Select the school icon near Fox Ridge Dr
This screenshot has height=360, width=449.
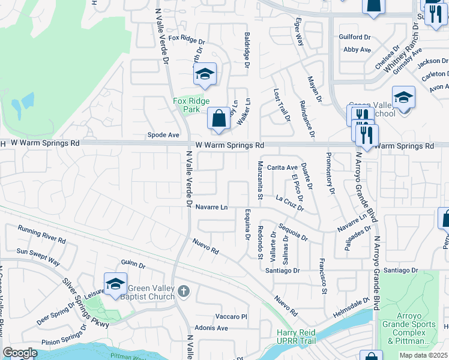(205, 74)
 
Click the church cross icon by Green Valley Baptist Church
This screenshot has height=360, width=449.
(184, 292)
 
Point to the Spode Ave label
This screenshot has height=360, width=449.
(163, 135)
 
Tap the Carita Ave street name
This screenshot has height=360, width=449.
(282, 167)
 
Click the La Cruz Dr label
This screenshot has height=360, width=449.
(289, 202)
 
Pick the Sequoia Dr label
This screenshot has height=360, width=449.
(293, 233)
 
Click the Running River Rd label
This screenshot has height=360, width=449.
(41, 235)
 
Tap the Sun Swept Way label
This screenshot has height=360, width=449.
(38, 257)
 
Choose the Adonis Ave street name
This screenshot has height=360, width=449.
(214, 328)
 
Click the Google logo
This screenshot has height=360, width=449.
(19, 353)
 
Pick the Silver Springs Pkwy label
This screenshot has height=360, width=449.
(83, 302)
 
